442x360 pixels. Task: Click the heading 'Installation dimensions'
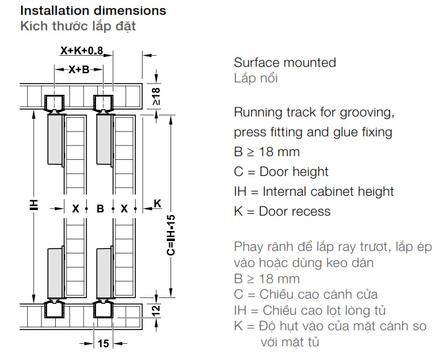[x=94, y=11]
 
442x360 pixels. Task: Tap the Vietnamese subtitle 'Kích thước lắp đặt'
[x=78, y=26]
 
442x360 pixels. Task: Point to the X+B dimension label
[x=78, y=69]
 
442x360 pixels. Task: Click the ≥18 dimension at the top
[x=156, y=95]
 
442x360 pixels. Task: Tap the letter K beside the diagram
[x=157, y=203]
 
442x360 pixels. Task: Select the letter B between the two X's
[x=100, y=209]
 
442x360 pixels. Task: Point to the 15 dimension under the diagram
[x=103, y=343]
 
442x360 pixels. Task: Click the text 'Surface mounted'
[x=285, y=63]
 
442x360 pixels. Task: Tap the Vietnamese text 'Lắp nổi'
[x=256, y=79]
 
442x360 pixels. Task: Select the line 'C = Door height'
[x=281, y=172]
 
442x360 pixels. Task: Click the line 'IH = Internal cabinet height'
[x=314, y=191]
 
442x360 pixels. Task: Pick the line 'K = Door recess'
[x=282, y=211]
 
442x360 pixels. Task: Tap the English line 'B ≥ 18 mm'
[x=267, y=152]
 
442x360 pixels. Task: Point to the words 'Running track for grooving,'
[x=314, y=113]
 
